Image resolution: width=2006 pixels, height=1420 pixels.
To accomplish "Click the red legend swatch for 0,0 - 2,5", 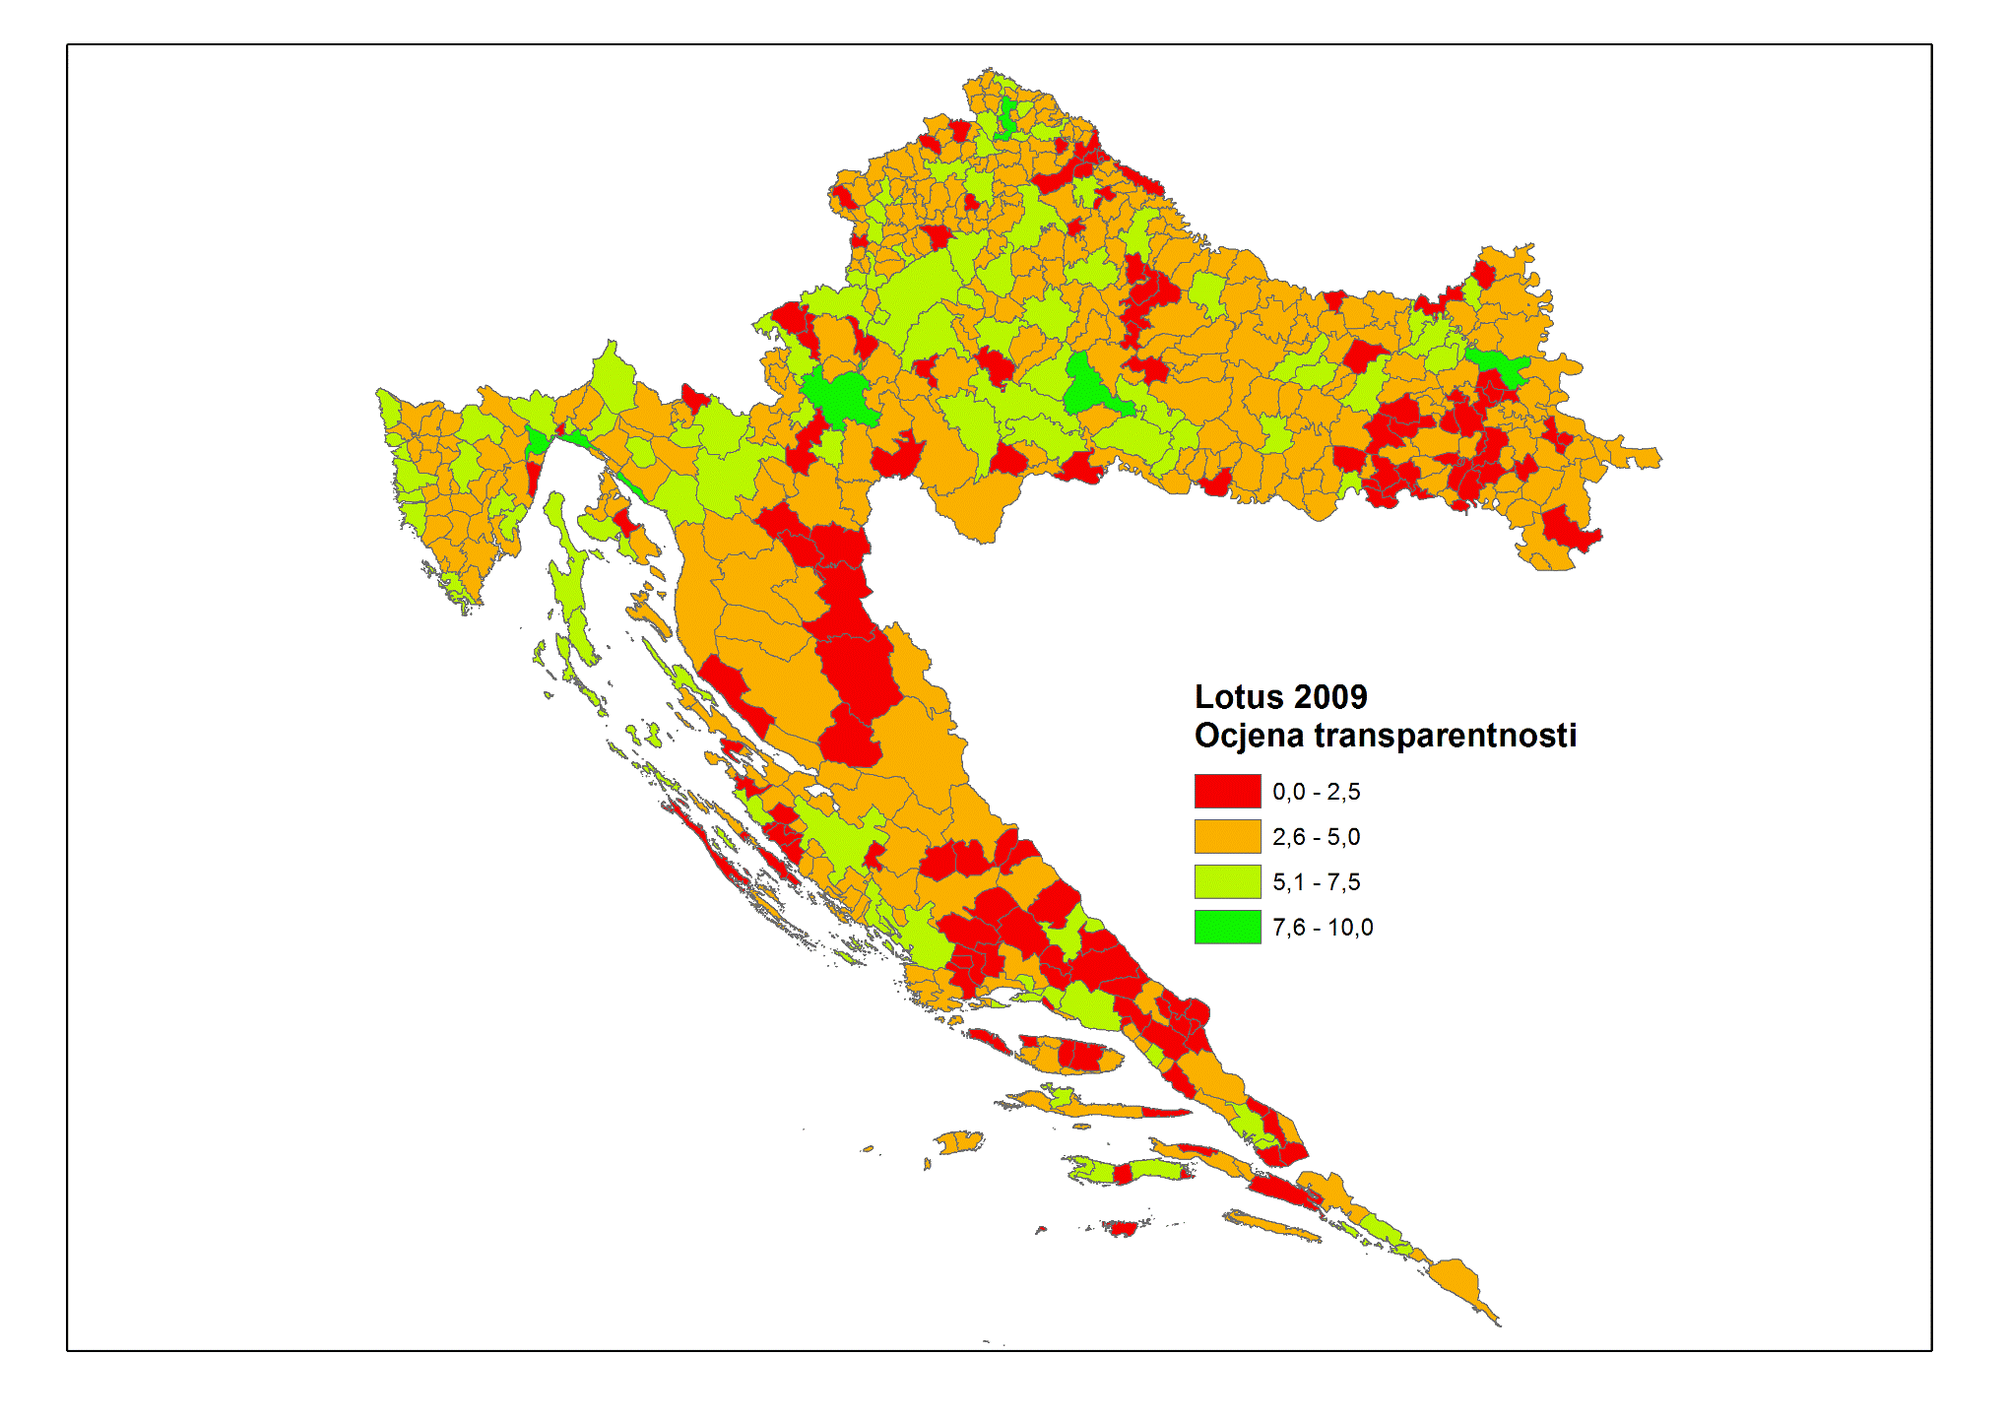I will (x=1227, y=791).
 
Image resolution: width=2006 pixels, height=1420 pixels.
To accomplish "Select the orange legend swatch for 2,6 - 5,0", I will (x=1227, y=836).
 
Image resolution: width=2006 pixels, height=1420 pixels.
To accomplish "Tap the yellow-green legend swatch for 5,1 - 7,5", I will (x=1227, y=881).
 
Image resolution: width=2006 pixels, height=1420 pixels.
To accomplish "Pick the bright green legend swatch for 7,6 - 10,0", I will (x=1227, y=927).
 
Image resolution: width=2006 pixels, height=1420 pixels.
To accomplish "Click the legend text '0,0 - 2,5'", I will (x=1316, y=792).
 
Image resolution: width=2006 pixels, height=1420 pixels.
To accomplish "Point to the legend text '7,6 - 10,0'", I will (x=1322, y=928).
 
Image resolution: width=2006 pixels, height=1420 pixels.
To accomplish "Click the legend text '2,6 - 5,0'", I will (x=1316, y=837).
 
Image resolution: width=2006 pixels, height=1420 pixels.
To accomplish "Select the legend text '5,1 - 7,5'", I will (x=1316, y=882).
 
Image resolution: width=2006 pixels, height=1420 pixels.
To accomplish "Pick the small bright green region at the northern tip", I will (x=1007, y=116).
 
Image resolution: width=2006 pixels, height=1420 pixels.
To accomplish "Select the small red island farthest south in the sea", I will (x=1121, y=1228).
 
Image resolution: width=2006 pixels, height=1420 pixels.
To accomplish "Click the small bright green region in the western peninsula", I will (x=537, y=441).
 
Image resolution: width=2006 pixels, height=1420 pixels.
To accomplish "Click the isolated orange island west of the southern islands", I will (x=957, y=1142).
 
